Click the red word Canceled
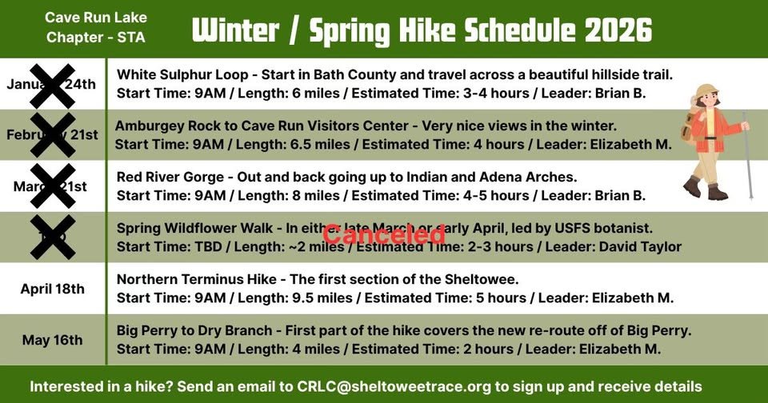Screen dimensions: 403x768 pyautogui.click(x=383, y=234)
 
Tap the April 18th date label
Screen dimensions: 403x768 pyautogui.click(x=52, y=289)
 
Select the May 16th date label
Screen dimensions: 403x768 pyautogui.click(x=52, y=340)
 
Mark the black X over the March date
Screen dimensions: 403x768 pyautogui.click(x=53, y=186)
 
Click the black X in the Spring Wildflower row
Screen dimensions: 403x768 pyautogui.click(x=53, y=237)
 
